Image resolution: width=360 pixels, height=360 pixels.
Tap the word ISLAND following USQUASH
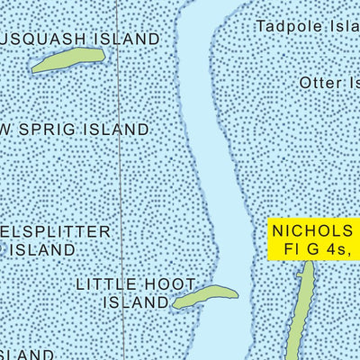125,40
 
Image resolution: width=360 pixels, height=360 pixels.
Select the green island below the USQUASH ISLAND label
68,60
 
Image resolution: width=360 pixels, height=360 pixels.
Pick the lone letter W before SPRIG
7,130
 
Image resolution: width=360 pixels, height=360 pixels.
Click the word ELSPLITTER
56,231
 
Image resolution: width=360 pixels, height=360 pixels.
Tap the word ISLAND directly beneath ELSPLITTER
43,249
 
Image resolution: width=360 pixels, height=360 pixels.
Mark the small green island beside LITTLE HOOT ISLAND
204,296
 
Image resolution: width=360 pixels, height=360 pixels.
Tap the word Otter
320,83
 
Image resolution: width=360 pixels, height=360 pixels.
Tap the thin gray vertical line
121,180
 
